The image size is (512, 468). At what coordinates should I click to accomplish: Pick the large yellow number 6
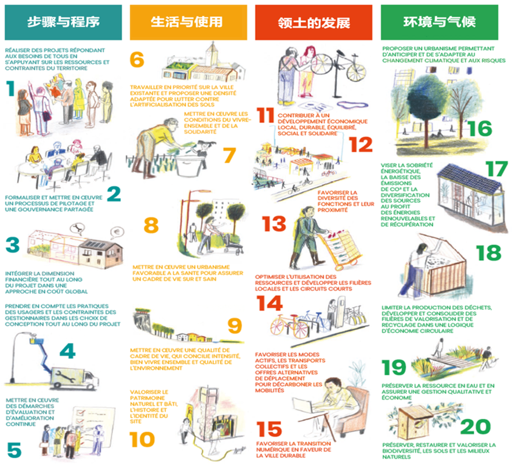click(137, 60)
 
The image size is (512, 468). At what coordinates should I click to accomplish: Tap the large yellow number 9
click(234, 326)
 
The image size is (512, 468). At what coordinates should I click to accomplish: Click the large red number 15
click(270, 430)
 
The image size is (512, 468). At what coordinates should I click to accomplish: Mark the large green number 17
click(496, 169)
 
